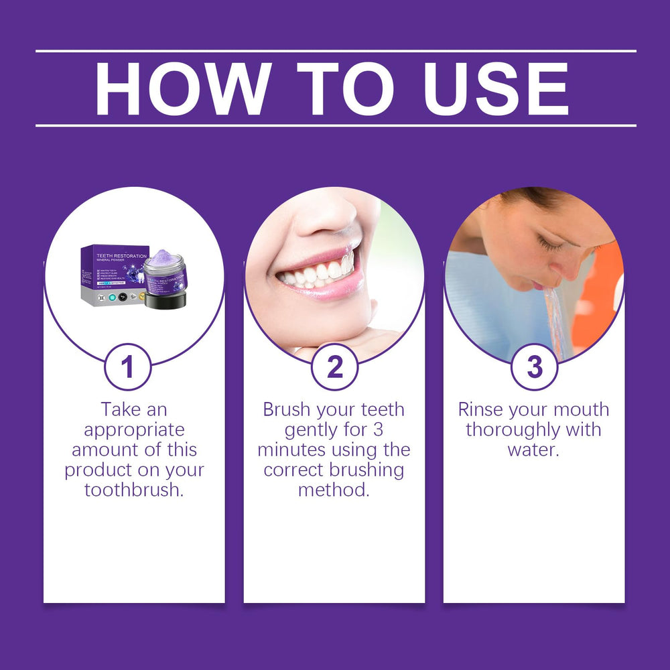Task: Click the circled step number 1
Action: coord(127,366)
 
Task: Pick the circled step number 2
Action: coord(334,366)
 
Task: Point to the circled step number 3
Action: coord(534,366)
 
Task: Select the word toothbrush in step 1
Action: coord(134,490)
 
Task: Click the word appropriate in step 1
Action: coord(134,429)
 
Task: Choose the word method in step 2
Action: coord(334,490)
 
